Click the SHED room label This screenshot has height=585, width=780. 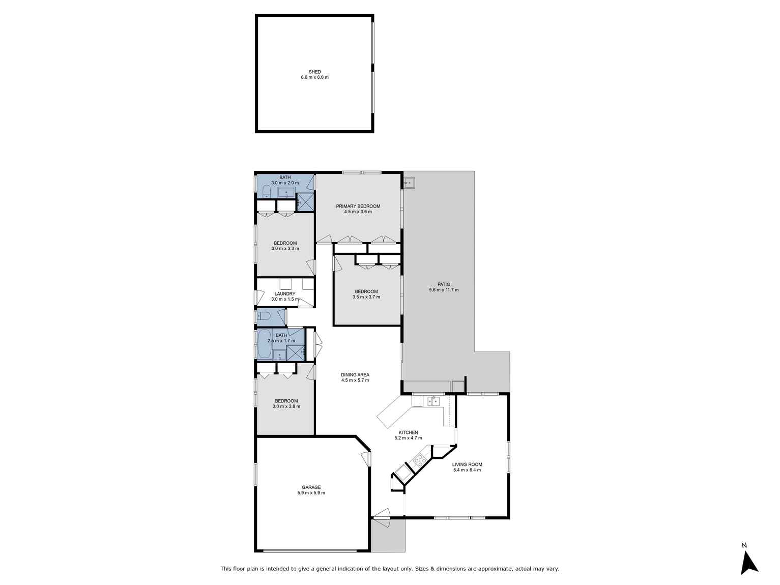point(314,72)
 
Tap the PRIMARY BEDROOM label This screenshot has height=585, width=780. point(358,206)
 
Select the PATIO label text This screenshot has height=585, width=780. point(444,284)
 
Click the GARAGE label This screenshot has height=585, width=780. point(311,487)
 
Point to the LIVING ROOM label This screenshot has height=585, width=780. point(467,464)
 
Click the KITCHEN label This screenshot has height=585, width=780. point(408,432)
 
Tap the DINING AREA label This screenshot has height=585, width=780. point(355,374)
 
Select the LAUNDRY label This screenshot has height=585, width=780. point(284,294)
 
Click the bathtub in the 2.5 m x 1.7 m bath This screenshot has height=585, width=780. point(264,344)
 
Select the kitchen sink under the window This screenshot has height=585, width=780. point(433,401)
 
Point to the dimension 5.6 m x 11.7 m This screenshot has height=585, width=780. point(444,290)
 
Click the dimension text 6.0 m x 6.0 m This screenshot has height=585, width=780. point(314,77)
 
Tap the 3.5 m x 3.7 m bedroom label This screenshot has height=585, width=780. point(366,291)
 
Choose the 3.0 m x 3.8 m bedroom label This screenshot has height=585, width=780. point(286,401)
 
